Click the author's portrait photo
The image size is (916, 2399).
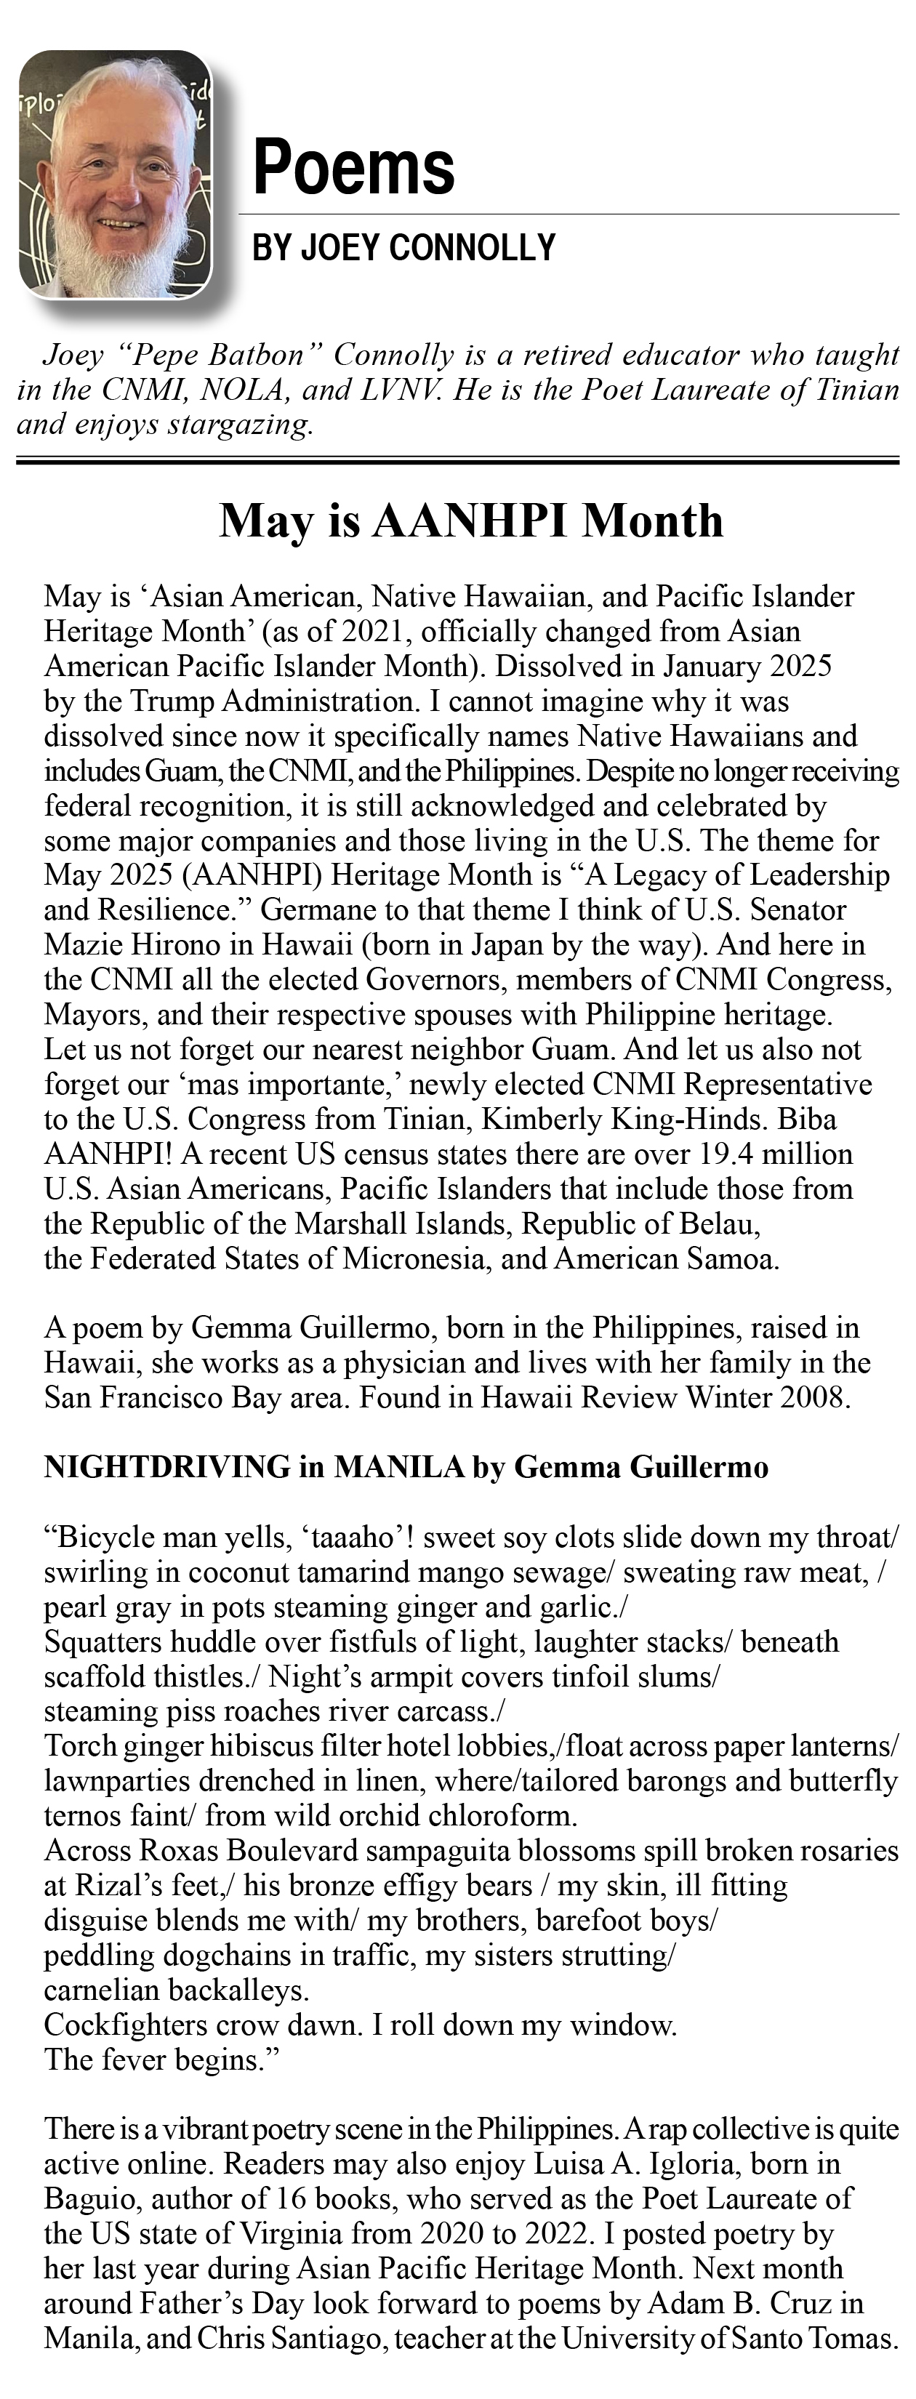(116, 175)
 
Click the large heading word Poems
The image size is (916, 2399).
(354, 168)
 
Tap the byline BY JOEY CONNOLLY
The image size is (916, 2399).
(404, 248)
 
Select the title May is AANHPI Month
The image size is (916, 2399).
(471, 520)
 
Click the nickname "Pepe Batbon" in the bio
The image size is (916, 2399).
(222, 355)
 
